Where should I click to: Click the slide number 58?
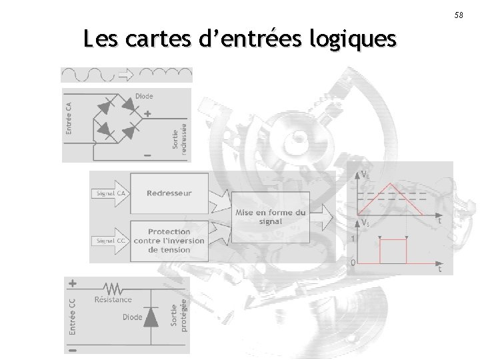tap(459, 15)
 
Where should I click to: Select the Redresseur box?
tap(169, 193)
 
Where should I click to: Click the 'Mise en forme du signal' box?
tap(271, 217)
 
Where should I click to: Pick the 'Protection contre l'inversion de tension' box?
tap(169, 241)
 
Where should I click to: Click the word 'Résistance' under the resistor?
tap(113, 300)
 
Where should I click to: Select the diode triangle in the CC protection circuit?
tap(153, 317)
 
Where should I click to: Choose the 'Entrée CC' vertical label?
tap(72, 315)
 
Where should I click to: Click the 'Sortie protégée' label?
tap(178, 313)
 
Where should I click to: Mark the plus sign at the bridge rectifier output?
tap(147, 113)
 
